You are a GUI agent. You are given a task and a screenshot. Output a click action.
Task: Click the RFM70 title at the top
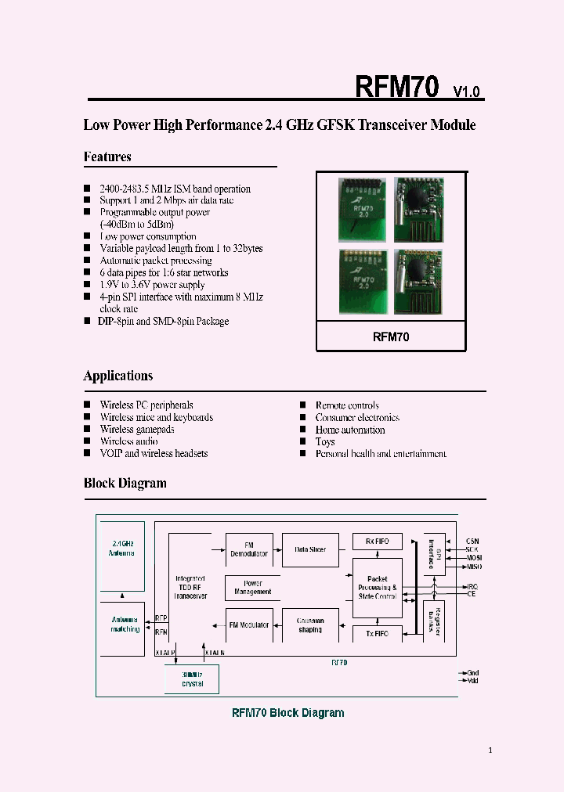point(397,87)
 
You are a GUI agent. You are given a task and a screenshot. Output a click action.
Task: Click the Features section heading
point(107,157)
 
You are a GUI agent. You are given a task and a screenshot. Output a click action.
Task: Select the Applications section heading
point(118,376)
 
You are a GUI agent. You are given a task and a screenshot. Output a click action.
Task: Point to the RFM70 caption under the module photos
point(391,337)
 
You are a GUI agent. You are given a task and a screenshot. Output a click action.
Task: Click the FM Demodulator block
point(249,549)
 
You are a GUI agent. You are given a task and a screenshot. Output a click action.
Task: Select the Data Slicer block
point(310,549)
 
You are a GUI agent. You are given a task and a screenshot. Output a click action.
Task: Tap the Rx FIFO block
point(378,542)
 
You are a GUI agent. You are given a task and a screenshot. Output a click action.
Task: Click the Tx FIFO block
point(378,632)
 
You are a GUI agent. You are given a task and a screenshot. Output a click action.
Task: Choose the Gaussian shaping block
point(310,625)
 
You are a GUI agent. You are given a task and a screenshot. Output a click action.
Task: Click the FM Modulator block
point(249,625)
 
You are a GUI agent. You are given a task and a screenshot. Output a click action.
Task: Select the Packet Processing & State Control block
point(378,588)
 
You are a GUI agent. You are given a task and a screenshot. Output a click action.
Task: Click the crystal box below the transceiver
point(192,679)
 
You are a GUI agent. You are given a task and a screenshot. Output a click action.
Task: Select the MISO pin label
point(473,567)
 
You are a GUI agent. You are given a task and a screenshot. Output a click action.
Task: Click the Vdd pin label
point(472,682)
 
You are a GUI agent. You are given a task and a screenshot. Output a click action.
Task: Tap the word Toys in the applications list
point(325,441)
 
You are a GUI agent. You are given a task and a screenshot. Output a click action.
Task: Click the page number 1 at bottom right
point(490,751)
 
